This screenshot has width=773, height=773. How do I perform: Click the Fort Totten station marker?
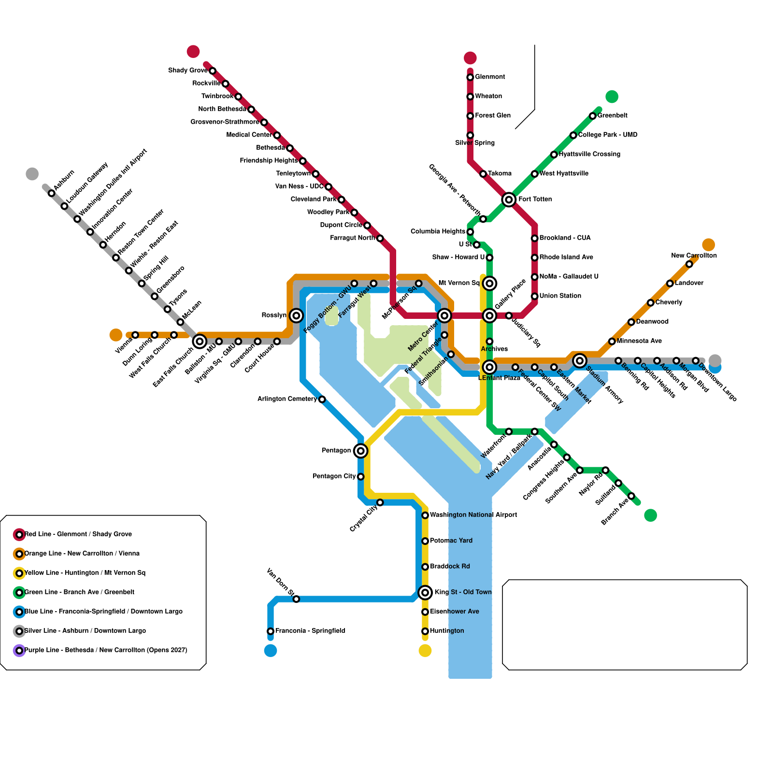(x=508, y=199)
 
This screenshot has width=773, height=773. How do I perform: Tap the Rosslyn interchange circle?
(x=296, y=316)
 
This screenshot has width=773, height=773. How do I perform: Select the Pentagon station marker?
(x=360, y=451)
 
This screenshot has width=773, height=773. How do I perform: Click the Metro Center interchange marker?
(x=444, y=316)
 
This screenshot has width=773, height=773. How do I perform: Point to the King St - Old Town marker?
(x=425, y=592)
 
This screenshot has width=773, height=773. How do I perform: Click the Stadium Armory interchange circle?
(x=580, y=360)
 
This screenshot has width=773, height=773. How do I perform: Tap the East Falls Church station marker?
(x=200, y=342)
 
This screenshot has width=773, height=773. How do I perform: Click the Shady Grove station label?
(x=187, y=71)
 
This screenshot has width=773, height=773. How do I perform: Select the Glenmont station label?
(x=490, y=77)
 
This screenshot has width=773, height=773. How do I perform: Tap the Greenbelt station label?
(x=612, y=115)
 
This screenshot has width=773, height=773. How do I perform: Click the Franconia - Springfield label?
(x=310, y=631)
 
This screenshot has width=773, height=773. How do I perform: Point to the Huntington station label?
(x=447, y=631)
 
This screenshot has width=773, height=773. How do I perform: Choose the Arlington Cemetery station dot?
(x=322, y=399)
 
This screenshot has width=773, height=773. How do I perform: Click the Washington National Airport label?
(x=473, y=515)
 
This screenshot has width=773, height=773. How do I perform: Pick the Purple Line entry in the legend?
(x=105, y=650)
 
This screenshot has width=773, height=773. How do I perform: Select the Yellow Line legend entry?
(x=85, y=573)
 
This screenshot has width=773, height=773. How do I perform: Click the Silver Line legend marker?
(x=19, y=631)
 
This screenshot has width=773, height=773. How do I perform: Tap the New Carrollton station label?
(x=694, y=256)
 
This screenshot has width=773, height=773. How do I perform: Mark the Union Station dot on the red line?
(x=534, y=296)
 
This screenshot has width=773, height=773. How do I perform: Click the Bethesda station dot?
(x=290, y=148)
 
